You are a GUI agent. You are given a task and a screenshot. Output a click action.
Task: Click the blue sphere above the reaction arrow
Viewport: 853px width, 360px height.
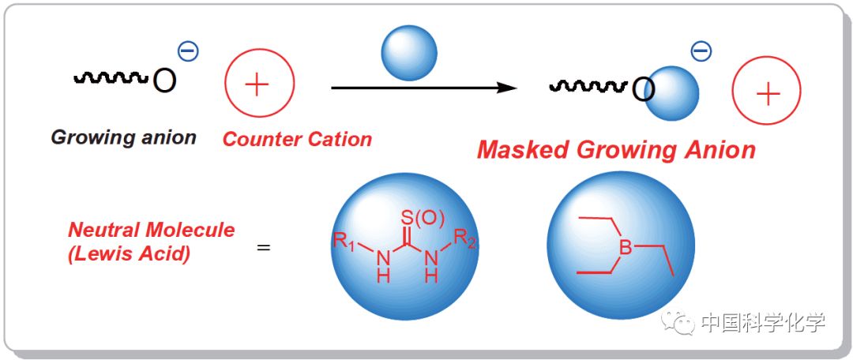[x=408, y=53]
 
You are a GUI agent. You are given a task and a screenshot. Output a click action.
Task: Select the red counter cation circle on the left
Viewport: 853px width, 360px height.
[x=259, y=84]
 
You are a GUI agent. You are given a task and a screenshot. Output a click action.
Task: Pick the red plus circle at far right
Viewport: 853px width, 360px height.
[x=767, y=94]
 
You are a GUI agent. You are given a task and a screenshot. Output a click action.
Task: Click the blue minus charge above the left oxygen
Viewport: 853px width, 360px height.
[x=188, y=51]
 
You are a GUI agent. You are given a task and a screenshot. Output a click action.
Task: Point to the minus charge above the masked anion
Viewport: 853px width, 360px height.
[x=701, y=51]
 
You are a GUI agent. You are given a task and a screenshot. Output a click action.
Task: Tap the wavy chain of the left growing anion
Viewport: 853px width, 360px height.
[x=111, y=77]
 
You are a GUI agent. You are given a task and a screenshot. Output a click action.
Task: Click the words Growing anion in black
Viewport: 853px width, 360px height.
[x=123, y=137]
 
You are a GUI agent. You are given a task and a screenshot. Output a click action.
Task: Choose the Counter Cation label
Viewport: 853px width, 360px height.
[x=297, y=140]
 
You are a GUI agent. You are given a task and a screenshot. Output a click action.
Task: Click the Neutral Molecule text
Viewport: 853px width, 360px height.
[x=151, y=231]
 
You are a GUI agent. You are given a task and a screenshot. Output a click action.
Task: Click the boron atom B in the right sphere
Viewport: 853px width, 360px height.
[x=625, y=248]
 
